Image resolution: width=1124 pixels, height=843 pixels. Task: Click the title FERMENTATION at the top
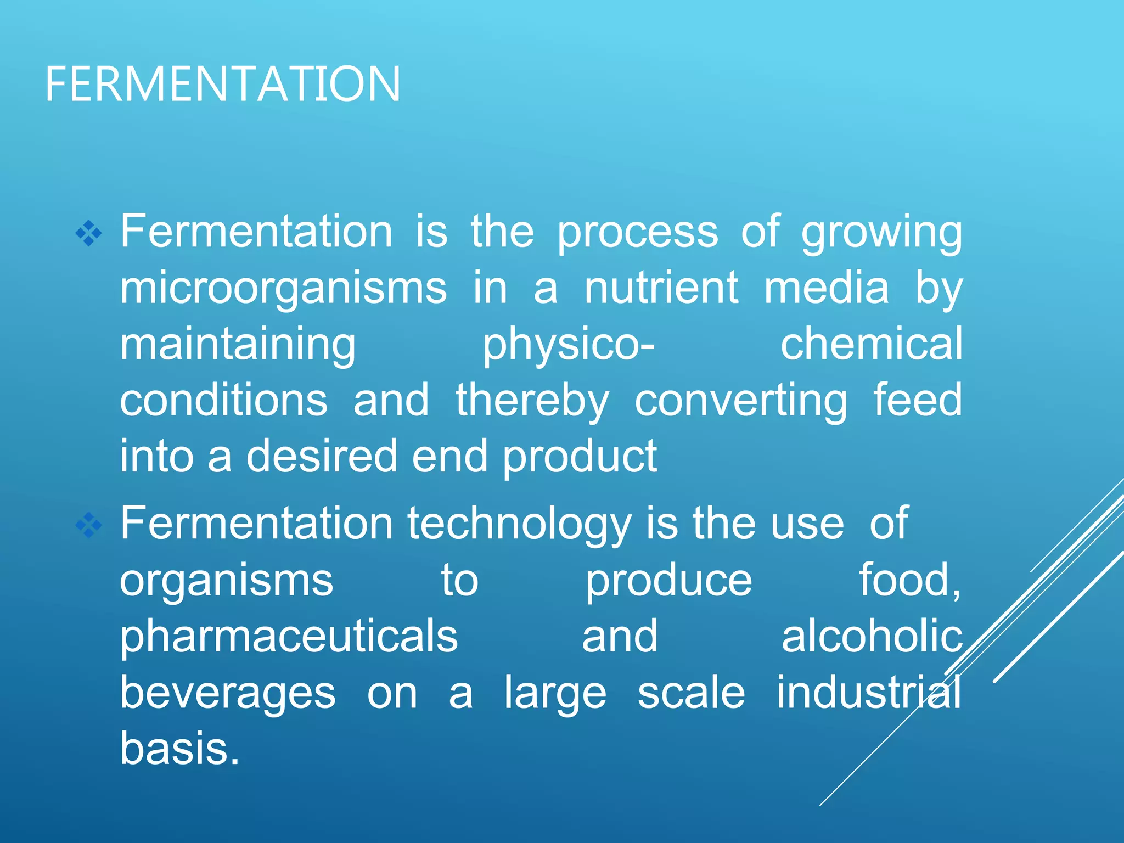coord(222,84)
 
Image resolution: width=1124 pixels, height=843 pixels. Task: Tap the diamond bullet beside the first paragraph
coord(89,234)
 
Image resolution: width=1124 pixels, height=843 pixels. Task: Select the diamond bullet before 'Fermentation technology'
coord(89,526)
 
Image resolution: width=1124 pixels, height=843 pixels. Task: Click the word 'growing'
coord(881,233)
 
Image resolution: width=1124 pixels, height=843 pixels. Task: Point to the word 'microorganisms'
coord(283,289)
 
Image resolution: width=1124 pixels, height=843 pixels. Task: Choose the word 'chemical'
coord(872,344)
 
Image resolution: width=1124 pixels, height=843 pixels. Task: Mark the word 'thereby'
coord(532,401)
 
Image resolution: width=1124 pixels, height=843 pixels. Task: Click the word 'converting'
coord(741,401)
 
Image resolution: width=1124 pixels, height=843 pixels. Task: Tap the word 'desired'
coord(321,456)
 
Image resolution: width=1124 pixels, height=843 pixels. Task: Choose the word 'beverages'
coord(228,693)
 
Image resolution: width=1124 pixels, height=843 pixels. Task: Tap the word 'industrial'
coord(868,692)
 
